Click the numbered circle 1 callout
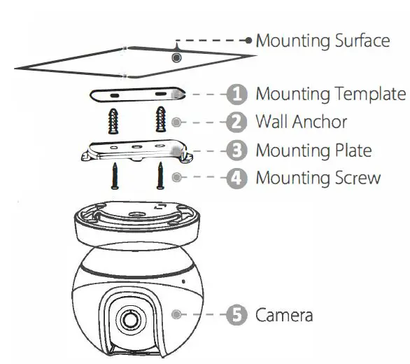239,94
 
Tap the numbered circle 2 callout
239,122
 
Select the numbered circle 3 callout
239,150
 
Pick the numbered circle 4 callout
239,178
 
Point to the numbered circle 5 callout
239,315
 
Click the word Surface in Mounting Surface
358,41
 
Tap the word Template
368,94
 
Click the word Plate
348,150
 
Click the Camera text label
284,315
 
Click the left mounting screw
114,176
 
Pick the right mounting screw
160,176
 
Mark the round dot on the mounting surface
177,57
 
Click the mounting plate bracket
137,149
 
